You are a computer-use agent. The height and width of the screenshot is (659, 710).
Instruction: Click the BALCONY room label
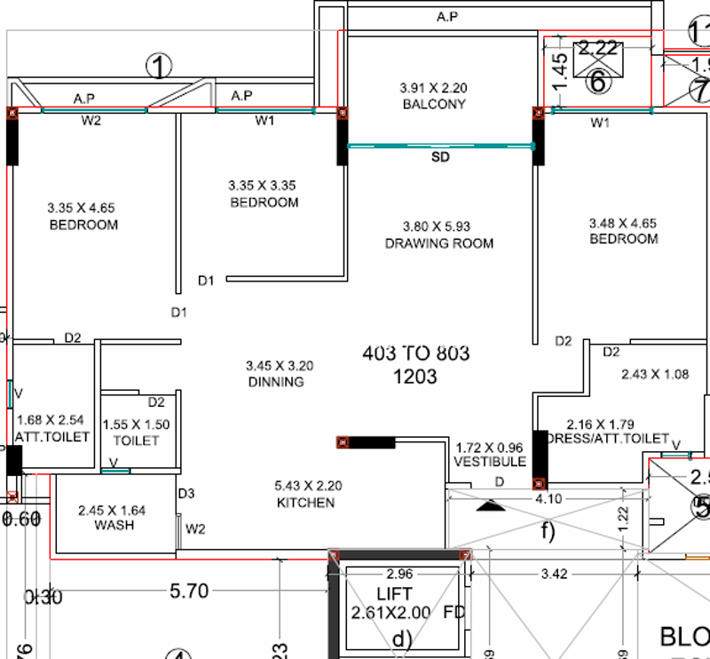click(x=434, y=105)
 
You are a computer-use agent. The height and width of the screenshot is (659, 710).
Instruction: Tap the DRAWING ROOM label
click(x=439, y=243)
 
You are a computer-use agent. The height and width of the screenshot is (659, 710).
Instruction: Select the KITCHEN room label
click(x=304, y=503)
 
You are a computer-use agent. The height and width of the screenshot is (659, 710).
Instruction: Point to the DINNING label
click(x=276, y=382)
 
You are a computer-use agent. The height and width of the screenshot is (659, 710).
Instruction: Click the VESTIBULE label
click(x=490, y=462)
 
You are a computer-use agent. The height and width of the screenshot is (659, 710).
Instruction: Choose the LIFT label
click(x=395, y=593)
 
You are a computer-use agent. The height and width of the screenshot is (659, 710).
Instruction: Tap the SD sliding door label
click(x=441, y=157)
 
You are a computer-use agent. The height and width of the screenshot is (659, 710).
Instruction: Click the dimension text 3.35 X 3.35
click(x=262, y=186)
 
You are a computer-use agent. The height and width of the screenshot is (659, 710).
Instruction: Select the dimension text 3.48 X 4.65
click(x=623, y=223)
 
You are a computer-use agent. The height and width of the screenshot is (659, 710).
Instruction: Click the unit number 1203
click(x=414, y=377)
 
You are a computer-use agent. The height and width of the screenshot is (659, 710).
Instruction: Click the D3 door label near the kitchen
click(x=185, y=493)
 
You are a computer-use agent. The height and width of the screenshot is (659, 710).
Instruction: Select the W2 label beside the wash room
click(x=195, y=529)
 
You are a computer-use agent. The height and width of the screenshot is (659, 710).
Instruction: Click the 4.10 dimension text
click(x=548, y=499)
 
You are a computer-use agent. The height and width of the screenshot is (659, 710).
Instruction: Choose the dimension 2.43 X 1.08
click(x=655, y=375)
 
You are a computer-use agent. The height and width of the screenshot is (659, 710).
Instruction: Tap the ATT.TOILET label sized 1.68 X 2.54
click(x=52, y=437)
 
